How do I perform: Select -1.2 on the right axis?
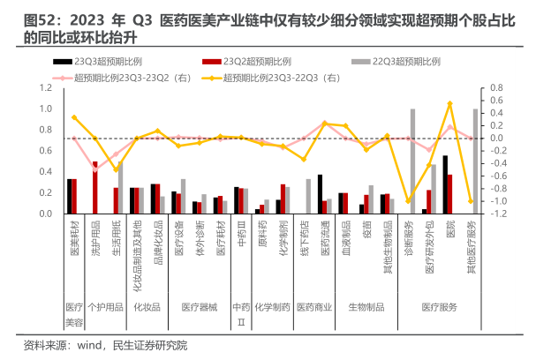pyautogui.click(x=500, y=214)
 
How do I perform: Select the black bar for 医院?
pyautogui.click(x=445, y=184)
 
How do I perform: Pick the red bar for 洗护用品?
pyautogui.click(x=95, y=188)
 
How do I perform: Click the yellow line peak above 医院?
pyautogui.click(x=450, y=104)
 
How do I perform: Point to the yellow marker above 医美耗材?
pyautogui.click(x=74, y=117)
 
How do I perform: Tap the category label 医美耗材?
pyautogui.click(x=74, y=235)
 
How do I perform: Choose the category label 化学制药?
pyautogui.click(x=283, y=234)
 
